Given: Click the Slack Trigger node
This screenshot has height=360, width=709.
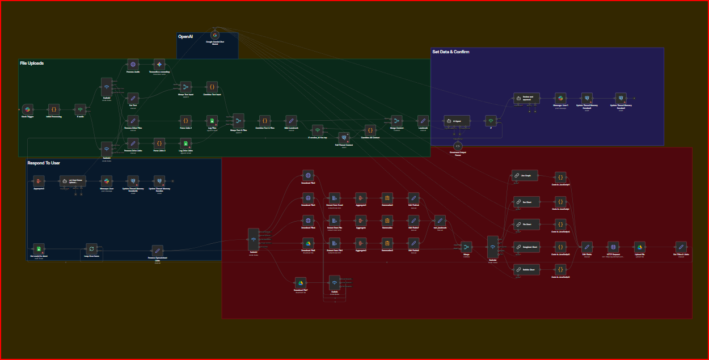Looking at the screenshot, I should click(x=28, y=109).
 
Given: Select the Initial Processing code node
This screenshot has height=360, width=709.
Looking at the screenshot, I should click(x=54, y=109).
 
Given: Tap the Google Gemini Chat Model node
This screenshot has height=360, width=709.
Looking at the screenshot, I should click(x=215, y=35).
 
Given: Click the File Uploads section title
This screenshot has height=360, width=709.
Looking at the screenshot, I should click(x=32, y=63).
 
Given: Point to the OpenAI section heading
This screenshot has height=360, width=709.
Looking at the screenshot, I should click(x=185, y=36).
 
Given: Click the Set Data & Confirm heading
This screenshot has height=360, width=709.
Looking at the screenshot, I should click(x=450, y=52).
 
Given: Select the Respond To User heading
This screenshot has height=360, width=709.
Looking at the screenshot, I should click(x=44, y=163).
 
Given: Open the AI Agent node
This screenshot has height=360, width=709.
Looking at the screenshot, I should click(x=457, y=121).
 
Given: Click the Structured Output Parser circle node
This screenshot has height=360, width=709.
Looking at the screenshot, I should click(x=458, y=146).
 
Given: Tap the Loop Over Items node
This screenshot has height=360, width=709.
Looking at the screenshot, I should click(x=91, y=248).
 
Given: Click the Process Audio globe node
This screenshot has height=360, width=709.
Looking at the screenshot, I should click(x=133, y=64).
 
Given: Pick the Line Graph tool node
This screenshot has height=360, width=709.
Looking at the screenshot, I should click(x=524, y=176).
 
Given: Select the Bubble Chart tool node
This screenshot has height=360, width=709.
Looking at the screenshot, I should click(x=524, y=269).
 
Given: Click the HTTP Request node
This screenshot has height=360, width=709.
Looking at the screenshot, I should click(x=613, y=247).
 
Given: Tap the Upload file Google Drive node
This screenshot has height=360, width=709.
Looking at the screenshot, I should click(x=639, y=247).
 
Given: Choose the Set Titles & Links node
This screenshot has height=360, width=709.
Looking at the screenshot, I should click(x=681, y=247).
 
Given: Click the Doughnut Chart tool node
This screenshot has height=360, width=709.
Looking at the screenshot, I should click(x=524, y=247).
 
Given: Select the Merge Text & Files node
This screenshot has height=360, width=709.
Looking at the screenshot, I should click(x=238, y=121).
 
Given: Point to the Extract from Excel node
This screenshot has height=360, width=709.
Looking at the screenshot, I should click(x=335, y=198).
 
